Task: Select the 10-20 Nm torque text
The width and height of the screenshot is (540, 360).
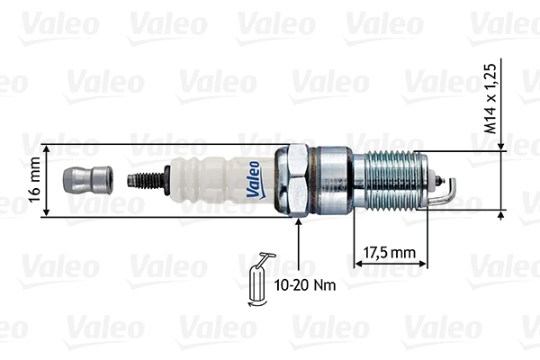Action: click(x=303, y=287)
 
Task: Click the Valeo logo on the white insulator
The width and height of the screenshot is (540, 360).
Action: click(x=254, y=177)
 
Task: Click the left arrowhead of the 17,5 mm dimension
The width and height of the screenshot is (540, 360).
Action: click(x=356, y=265)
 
